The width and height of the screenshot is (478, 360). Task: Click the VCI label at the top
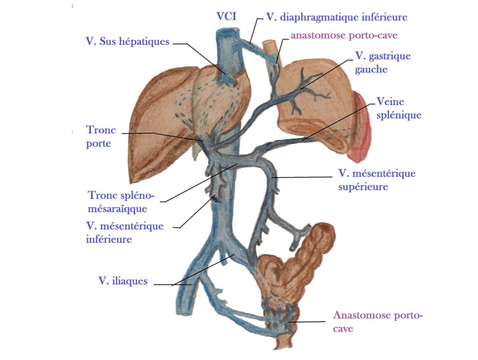click(x=226, y=17)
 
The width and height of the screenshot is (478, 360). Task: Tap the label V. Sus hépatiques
click(x=127, y=41)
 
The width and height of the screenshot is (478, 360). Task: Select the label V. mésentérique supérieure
click(x=377, y=180)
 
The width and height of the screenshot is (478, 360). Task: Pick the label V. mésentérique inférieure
click(x=124, y=233)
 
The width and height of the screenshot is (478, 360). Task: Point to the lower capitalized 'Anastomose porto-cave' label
click(x=377, y=321)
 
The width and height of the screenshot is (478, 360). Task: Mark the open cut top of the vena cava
click(x=226, y=34)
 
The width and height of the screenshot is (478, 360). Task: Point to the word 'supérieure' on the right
click(x=363, y=187)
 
